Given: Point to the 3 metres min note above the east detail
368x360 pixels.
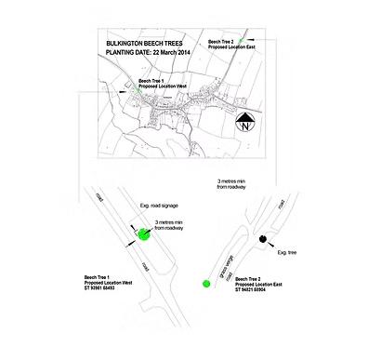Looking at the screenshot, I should click(235, 185).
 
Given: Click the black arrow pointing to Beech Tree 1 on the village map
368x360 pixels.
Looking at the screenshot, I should click(126, 91).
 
